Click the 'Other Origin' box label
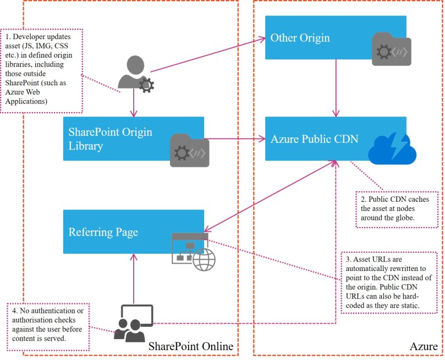[300, 38]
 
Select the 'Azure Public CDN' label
[314, 139]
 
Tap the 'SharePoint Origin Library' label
[110, 139]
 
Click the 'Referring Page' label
[103, 232]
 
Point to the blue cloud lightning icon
[392, 147]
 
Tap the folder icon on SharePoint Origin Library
[189, 149]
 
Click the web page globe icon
[193, 251]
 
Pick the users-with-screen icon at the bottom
[133, 323]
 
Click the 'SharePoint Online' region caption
[191, 346]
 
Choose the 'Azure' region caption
[424, 346]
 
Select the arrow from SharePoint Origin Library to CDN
[234, 139]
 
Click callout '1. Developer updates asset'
[42, 69]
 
